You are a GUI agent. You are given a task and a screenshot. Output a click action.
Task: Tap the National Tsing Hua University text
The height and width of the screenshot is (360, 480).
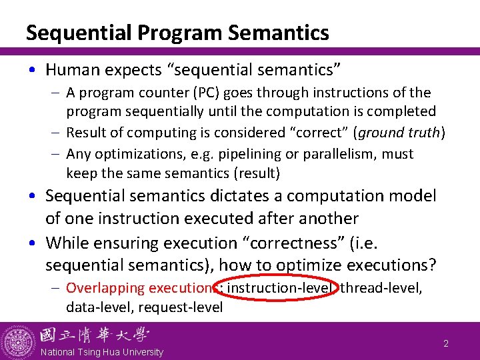pyautogui.click(x=101, y=352)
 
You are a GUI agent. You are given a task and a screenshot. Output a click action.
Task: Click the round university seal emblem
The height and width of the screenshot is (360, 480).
pyautogui.click(x=18, y=341)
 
